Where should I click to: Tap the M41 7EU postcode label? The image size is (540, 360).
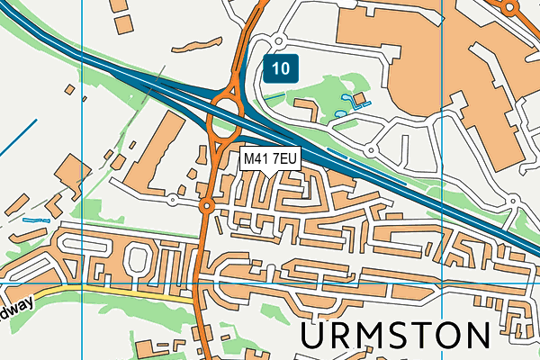click(270, 158)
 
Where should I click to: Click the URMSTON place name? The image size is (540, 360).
click(396, 336)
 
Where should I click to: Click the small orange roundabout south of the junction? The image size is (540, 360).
click(206, 207)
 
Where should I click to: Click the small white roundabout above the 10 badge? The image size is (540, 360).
click(277, 40)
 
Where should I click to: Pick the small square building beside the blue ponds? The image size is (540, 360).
click(358, 97)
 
